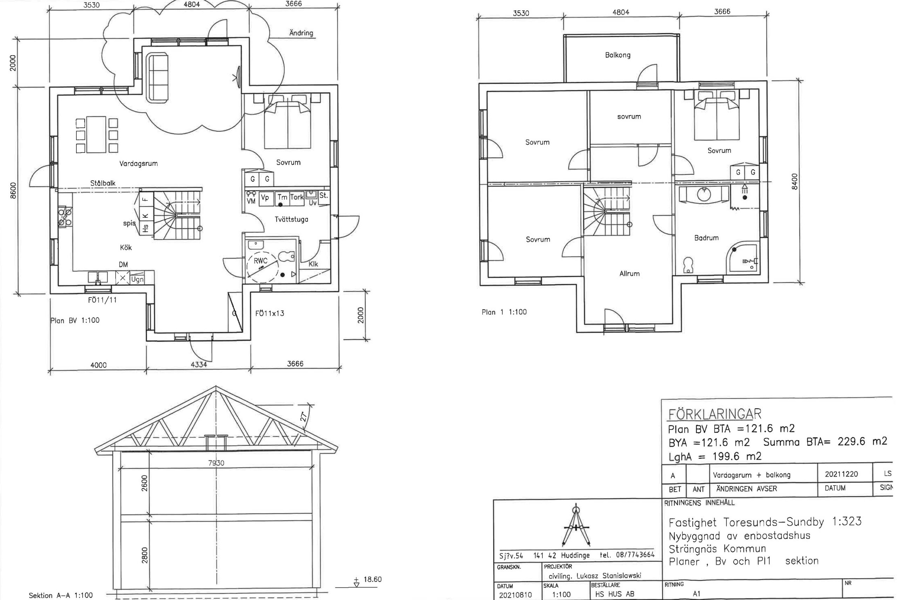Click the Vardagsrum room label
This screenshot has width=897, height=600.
138,164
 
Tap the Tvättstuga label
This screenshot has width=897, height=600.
292,220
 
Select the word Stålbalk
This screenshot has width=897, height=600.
103,183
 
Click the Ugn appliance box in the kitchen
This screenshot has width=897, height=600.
137,279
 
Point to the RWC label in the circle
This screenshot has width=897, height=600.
260,261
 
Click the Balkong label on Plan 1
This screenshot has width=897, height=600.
618,55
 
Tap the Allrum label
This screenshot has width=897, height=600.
629,274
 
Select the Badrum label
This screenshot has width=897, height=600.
706,238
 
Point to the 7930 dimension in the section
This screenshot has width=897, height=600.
216,463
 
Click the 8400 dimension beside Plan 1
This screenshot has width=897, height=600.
794,182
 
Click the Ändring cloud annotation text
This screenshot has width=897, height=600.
301,33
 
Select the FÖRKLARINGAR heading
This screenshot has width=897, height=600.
715,414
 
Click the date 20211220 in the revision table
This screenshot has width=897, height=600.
841,475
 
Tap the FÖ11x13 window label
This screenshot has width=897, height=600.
270,313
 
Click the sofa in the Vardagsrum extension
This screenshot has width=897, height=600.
158,79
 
